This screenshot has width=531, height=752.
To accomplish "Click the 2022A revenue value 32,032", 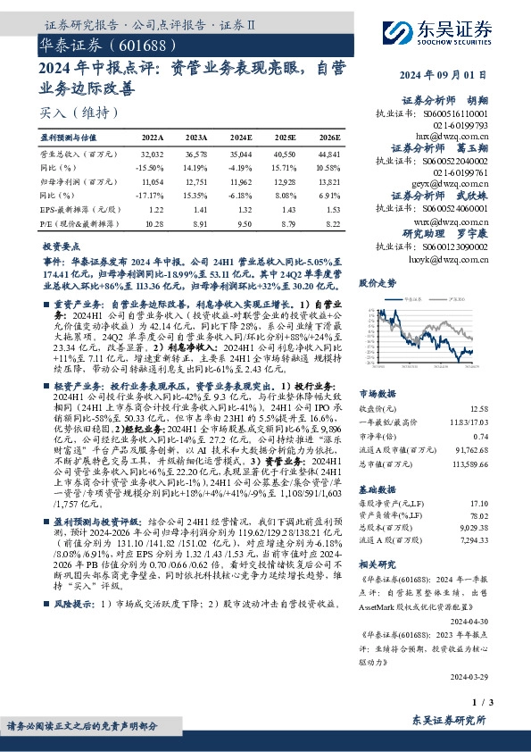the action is click(x=153, y=154).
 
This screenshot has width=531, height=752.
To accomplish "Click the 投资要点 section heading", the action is click(x=62, y=244).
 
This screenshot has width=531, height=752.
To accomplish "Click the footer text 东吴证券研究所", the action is click(x=450, y=720).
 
